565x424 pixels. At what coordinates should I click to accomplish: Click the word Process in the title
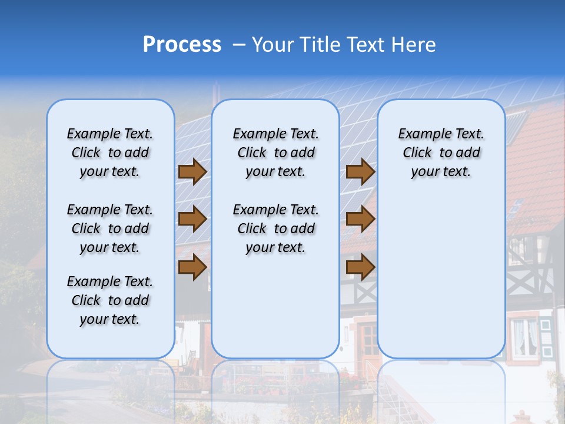182,45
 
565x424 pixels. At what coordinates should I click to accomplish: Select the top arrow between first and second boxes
192,172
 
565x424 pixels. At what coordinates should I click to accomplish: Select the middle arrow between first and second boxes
192,220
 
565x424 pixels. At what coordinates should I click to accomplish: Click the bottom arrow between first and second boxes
192,267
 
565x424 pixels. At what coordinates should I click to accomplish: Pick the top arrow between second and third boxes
360,172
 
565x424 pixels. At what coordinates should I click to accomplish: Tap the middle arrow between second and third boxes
360,220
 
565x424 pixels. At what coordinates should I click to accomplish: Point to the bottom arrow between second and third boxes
360,267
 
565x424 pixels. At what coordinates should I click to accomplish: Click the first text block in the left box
110,153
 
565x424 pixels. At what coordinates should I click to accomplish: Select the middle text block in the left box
110,228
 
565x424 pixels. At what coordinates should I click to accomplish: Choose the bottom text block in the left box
110,300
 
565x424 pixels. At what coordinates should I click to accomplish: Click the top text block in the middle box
275,153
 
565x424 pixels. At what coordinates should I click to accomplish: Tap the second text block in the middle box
275,228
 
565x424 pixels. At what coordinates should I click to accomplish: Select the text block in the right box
441,153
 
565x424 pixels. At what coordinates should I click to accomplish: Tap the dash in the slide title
239,45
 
